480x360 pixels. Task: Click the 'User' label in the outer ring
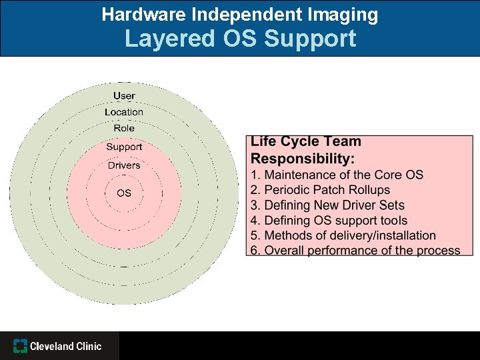pyautogui.click(x=124, y=96)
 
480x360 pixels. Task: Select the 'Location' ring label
pyautogui.click(x=124, y=112)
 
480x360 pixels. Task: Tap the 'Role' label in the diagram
pyautogui.click(x=124, y=128)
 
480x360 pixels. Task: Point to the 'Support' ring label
pyautogui.click(x=124, y=147)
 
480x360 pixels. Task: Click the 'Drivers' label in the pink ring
pyautogui.click(x=124, y=165)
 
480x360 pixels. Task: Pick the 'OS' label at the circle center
pyautogui.click(x=124, y=193)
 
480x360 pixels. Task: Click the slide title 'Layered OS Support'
pyautogui.click(x=240, y=39)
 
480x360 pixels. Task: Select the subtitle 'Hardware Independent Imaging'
pyautogui.click(x=240, y=14)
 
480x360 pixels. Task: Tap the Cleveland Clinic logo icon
pyautogui.click(x=20, y=346)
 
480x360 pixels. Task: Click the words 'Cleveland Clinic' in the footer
pyautogui.click(x=66, y=346)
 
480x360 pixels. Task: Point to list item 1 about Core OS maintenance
pyautogui.click(x=337, y=175)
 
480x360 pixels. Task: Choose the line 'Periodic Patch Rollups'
pyautogui.click(x=320, y=190)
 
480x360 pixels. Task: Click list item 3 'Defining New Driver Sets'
pyautogui.click(x=327, y=205)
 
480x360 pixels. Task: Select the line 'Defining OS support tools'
pyautogui.click(x=329, y=220)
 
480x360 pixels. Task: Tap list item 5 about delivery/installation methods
pyautogui.click(x=343, y=235)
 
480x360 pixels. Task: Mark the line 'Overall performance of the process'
pyautogui.click(x=355, y=251)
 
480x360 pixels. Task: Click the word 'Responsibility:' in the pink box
pyautogui.click(x=303, y=159)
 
